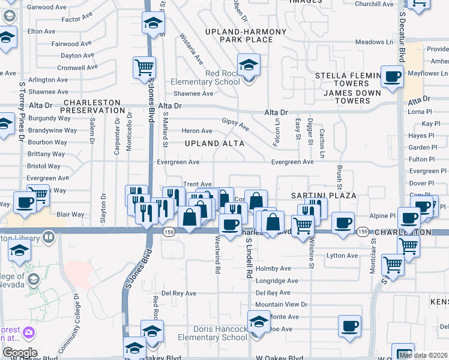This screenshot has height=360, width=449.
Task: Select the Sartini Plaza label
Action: pyautogui.click(x=324, y=196)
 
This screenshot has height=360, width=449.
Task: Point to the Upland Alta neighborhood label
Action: pyautogui.click(x=214, y=143)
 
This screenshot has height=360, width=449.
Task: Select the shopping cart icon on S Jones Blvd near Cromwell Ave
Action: pyautogui.click(x=144, y=68)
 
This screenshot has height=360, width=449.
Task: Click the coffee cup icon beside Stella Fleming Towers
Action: pyautogui.click(x=393, y=77)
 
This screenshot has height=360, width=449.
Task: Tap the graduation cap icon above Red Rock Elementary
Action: pyautogui.click(x=248, y=64)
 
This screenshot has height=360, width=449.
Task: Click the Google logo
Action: pyautogui.click(x=19, y=353)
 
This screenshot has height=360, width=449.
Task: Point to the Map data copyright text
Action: pyautogui.click(x=423, y=355)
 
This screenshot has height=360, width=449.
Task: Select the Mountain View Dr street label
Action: pyautogui.click(x=282, y=305)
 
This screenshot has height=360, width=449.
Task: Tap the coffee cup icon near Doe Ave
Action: pyautogui.click(x=349, y=326)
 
